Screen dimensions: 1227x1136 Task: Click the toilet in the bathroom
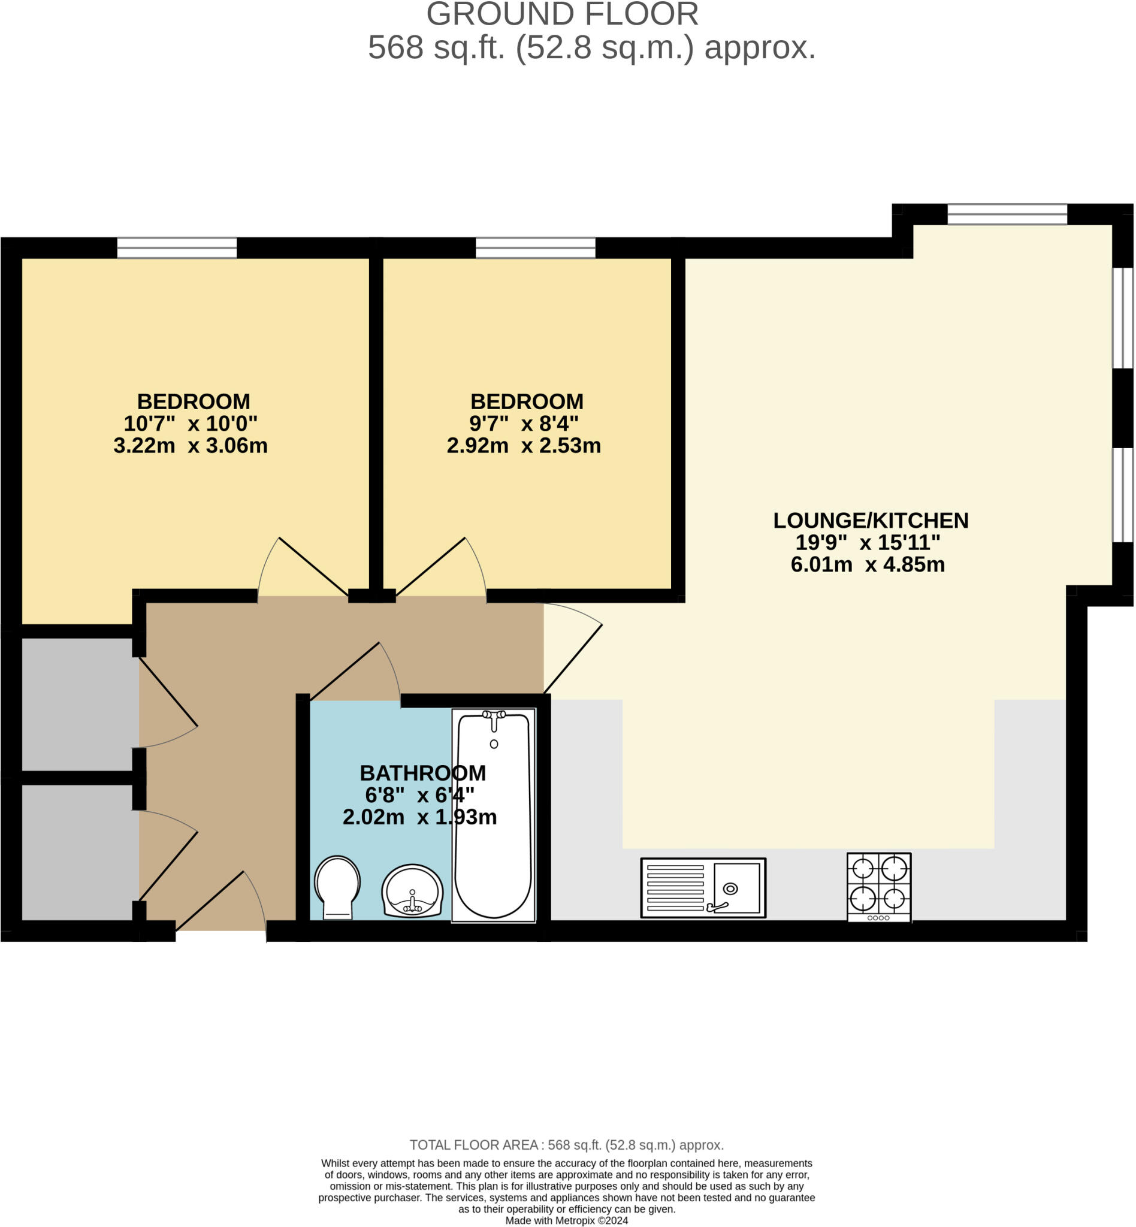pos(337,886)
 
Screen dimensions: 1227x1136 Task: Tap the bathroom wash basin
pos(412,891)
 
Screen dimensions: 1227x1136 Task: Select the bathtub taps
pos(494,716)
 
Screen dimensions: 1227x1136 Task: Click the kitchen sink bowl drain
pos(730,888)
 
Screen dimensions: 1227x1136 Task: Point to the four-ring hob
pos(878,886)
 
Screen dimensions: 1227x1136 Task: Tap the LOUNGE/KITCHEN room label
pos(871,521)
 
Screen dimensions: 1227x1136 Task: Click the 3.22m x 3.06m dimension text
pos(191,446)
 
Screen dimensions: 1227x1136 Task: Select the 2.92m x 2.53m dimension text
pos(524,446)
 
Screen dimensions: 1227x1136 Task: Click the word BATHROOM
pos(423,773)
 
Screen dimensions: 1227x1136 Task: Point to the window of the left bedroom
pos(177,247)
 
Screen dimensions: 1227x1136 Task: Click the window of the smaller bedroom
pos(536,247)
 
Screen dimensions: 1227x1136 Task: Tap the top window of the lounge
pos(1007,214)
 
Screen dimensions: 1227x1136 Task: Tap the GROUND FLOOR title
pos(562,14)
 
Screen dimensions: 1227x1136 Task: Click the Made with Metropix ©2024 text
pos(566,1220)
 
